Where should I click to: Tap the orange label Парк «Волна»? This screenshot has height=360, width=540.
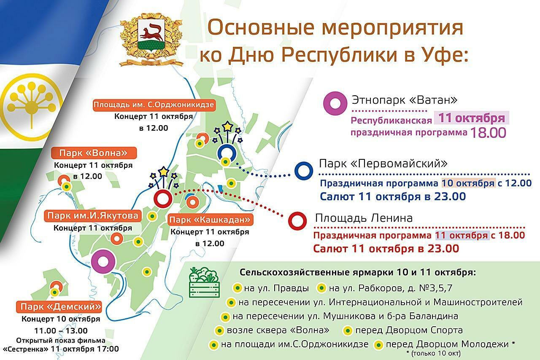94,153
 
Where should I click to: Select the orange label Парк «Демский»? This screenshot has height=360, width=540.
59,307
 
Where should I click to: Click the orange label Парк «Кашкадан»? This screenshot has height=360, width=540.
210,220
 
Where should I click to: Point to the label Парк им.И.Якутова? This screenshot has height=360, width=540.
92,216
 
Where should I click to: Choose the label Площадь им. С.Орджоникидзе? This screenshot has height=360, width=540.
154,105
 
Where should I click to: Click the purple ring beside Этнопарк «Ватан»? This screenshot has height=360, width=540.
335,103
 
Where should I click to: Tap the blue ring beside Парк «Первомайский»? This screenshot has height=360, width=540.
304,171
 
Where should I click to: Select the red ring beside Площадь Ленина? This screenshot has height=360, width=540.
297,221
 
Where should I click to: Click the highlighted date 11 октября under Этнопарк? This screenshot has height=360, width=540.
472,118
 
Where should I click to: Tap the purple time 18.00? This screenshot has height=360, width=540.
488,133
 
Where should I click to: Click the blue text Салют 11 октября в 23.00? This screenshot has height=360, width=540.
393,196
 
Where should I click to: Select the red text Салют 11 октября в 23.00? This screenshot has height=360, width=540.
386,249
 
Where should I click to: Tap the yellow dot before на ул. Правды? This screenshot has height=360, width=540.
238,288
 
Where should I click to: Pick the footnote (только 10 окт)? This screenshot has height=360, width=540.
433,354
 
